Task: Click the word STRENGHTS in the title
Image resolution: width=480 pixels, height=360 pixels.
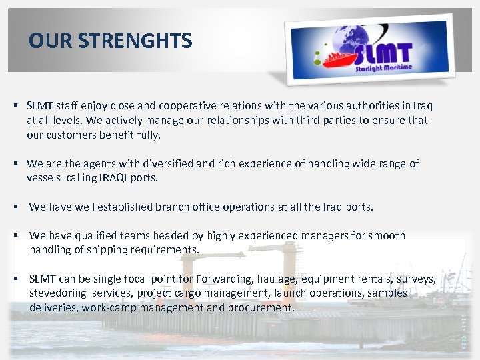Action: [135, 41]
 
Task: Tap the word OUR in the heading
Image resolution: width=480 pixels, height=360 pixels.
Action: [51, 41]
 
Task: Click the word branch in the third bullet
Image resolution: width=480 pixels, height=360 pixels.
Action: [172, 207]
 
